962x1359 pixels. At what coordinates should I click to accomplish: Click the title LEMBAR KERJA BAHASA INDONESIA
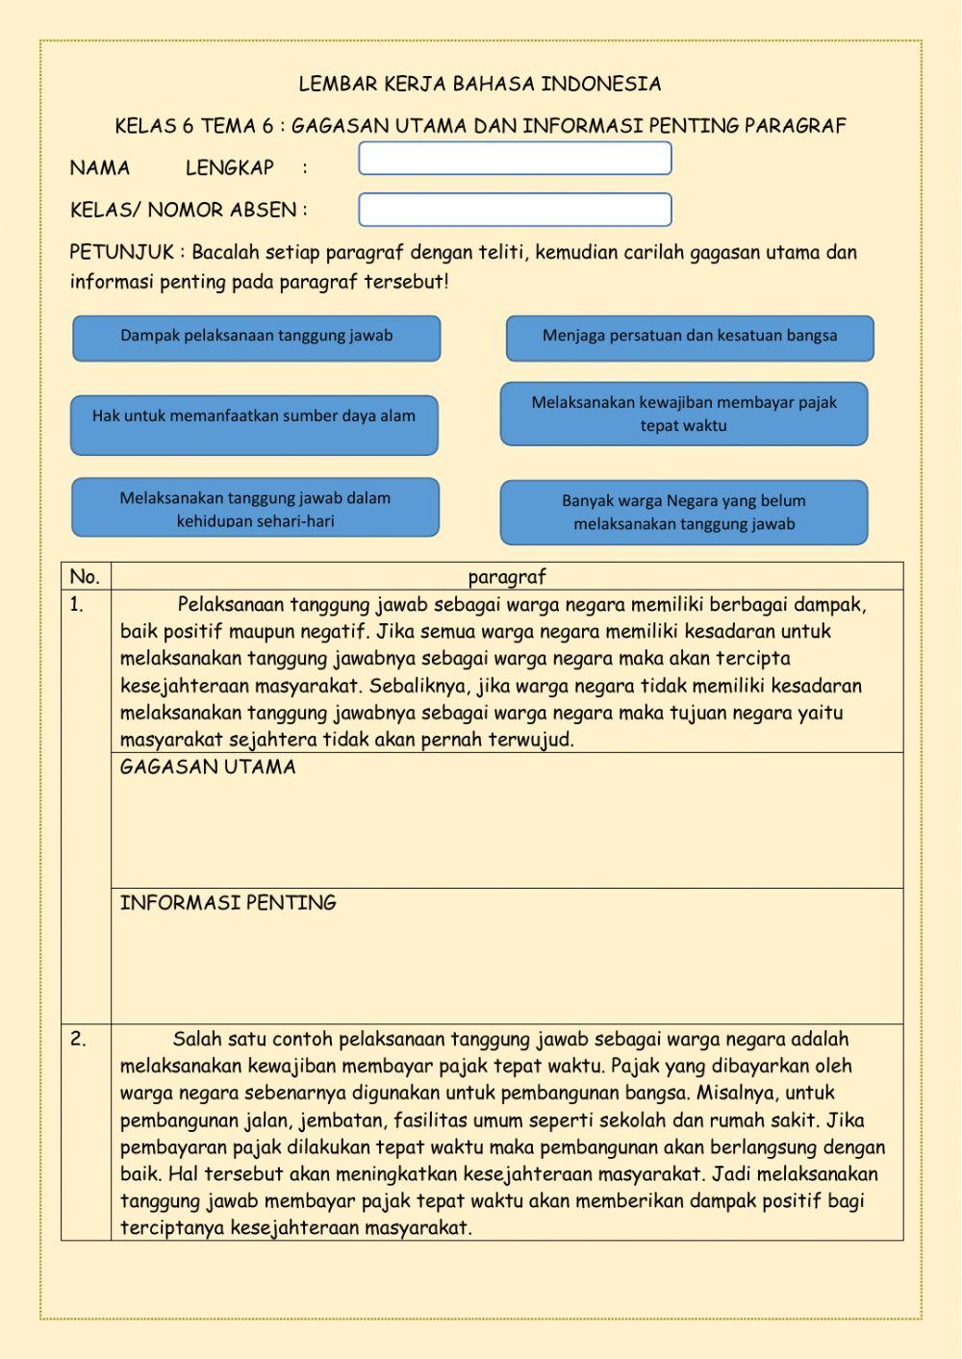pyautogui.click(x=479, y=85)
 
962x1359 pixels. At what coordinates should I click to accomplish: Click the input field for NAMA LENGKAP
pyautogui.click(x=515, y=159)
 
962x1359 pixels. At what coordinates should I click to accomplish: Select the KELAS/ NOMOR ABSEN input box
pyautogui.click(x=515, y=210)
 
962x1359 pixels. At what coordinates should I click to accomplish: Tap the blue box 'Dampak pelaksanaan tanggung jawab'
pyautogui.click(x=256, y=338)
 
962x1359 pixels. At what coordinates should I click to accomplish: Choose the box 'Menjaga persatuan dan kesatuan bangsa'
pyautogui.click(x=690, y=338)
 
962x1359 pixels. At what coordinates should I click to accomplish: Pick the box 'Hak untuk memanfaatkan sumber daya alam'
pyautogui.click(x=254, y=424)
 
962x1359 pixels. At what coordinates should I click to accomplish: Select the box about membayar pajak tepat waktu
pyautogui.click(x=684, y=414)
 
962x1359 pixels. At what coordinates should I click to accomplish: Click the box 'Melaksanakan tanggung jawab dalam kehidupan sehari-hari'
pyautogui.click(x=255, y=508)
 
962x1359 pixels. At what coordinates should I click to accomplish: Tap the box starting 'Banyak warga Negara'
pyautogui.click(x=684, y=512)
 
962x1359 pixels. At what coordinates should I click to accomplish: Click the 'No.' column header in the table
pyautogui.click(x=85, y=577)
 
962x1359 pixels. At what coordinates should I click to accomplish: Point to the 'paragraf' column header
pyautogui.click(x=507, y=577)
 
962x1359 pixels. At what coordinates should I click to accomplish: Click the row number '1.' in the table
pyautogui.click(x=77, y=605)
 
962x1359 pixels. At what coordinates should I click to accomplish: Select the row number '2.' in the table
pyautogui.click(x=78, y=1039)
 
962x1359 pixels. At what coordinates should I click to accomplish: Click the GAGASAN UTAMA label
pyautogui.click(x=208, y=768)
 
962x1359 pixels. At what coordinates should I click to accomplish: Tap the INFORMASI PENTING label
pyautogui.click(x=228, y=903)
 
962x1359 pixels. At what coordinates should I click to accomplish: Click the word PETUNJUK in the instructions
pyautogui.click(x=121, y=253)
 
